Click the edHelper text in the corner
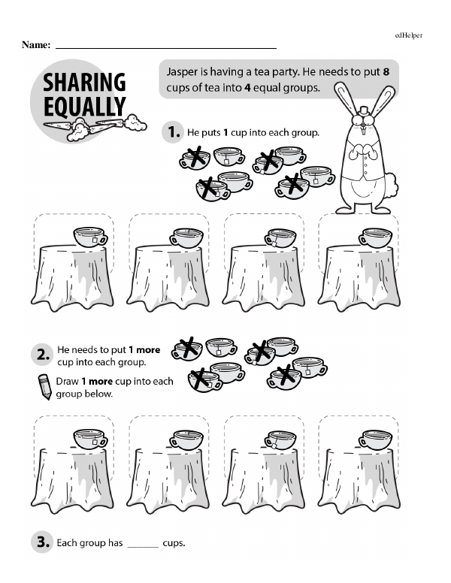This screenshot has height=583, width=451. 409,35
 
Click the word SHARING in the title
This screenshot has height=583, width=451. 84,82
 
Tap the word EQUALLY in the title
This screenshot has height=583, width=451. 84,107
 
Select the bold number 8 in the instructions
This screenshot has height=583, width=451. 386,71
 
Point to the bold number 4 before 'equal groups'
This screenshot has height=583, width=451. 247,88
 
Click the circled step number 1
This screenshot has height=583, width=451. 173,132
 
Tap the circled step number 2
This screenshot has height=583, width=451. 42,355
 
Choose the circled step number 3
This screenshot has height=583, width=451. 42,542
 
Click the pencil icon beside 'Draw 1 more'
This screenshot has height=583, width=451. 44,387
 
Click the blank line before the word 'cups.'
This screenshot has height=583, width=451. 143,547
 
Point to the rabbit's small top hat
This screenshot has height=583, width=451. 363,110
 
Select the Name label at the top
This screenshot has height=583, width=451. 36,45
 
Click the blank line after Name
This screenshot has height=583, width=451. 166,48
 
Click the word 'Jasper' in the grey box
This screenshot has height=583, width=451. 182,72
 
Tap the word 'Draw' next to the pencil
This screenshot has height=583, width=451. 67,382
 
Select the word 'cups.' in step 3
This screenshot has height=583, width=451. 174,543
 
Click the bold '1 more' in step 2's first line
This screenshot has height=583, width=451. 144,350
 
